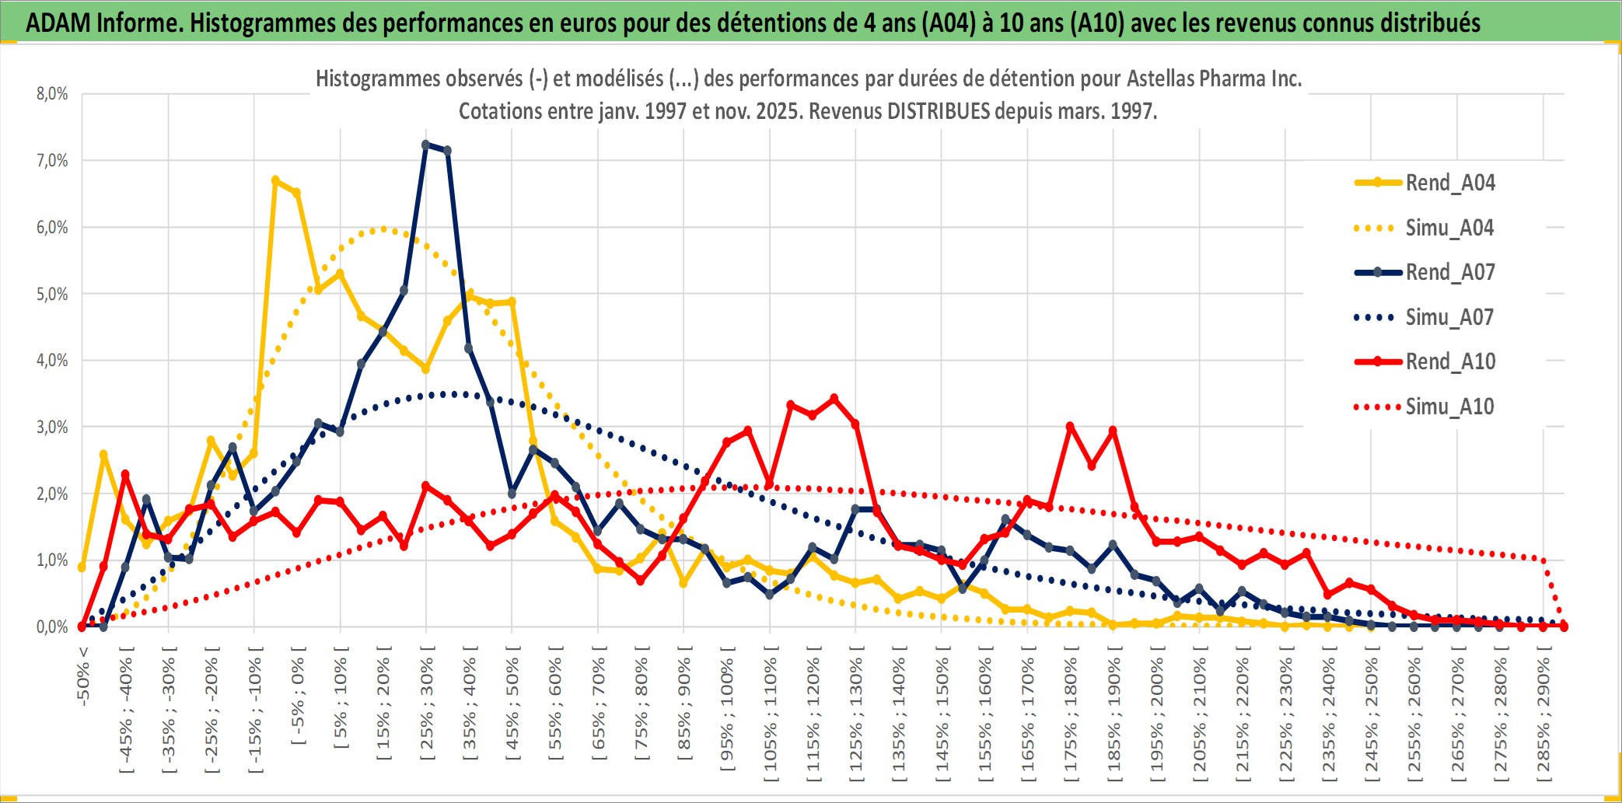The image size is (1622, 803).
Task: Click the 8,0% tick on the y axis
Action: [x=52, y=94]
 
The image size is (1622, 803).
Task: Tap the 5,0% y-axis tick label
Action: [x=52, y=294]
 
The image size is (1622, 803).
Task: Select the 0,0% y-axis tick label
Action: [x=52, y=627]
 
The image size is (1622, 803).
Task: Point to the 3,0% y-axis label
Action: [x=52, y=427]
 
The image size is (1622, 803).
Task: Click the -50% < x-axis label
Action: [x=83, y=676]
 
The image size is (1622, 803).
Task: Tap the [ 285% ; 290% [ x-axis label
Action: [x=1543, y=715]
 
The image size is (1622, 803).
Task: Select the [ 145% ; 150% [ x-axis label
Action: [x=942, y=715]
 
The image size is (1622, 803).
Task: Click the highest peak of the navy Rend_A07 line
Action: [x=425, y=145]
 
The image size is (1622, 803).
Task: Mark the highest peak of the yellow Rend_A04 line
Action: [x=275, y=180]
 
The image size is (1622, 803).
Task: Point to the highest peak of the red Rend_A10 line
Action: [x=834, y=399]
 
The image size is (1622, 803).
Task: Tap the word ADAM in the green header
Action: [x=58, y=23]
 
